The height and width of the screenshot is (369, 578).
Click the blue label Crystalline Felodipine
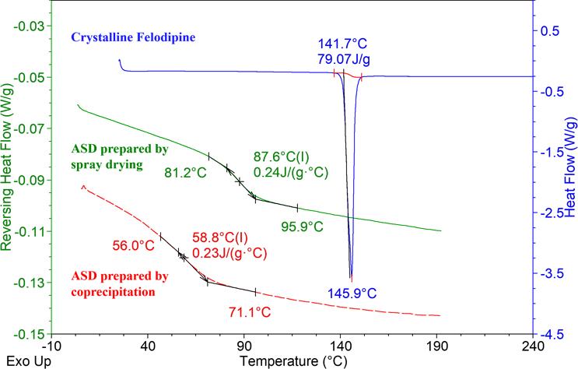[x=131, y=37]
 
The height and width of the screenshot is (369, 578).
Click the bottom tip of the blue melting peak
[x=351, y=279]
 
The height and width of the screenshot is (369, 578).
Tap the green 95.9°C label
[x=300, y=227]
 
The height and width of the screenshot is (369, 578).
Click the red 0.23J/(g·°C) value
[x=229, y=254]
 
